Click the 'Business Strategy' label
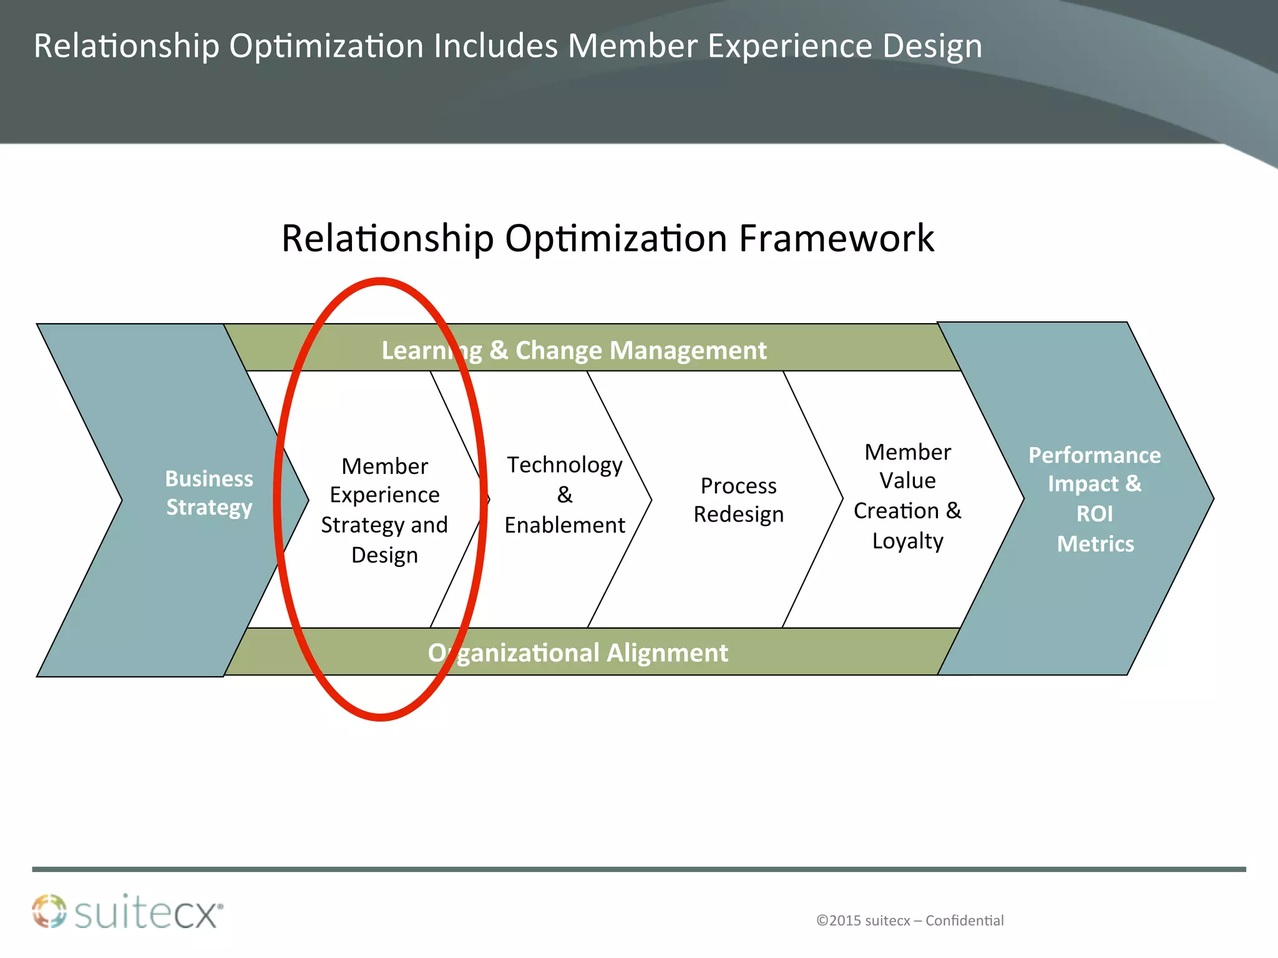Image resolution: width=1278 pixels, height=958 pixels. [x=209, y=493]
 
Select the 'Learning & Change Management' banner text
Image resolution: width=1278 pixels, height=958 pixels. [x=574, y=351]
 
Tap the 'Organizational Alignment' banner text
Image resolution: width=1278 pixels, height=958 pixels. [x=578, y=653]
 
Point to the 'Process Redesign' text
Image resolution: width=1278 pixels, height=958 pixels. [x=739, y=500]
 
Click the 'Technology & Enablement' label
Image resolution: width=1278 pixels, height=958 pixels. [x=565, y=495]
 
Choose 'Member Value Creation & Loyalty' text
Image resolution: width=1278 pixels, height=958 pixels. [x=907, y=496]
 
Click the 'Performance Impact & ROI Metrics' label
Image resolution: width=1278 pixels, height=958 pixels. [x=1095, y=499]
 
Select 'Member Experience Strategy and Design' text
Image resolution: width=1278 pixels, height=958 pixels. [x=384, y=510]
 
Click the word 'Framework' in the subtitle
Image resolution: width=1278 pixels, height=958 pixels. [x=836, y=238]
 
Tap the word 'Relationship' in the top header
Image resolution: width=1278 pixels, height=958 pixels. [x=127, y=46]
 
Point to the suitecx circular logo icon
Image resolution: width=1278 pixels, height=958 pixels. [x=49, y=911]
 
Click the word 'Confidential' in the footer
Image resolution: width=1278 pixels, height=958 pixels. [x=964, y=921]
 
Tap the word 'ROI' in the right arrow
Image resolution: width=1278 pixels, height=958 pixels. [x=1095, y=514]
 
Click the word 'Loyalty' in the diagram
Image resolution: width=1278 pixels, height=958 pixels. [x=907, y=541]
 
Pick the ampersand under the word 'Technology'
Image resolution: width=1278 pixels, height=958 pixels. [x=565, y=495]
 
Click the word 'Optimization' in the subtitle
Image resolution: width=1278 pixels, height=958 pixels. [x=616, y=238]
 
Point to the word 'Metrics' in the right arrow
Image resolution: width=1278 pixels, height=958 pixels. [x=1095, y=544]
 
